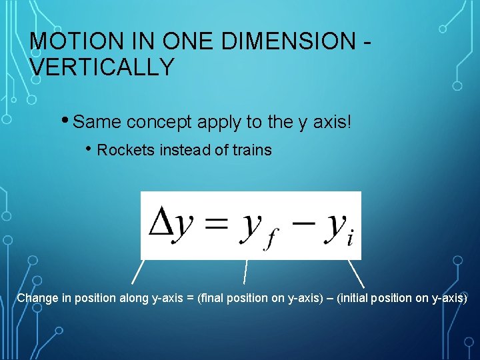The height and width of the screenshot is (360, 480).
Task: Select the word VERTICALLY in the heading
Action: tap(102, 67)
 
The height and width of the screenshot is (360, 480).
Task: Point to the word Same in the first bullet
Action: tap(97, 122)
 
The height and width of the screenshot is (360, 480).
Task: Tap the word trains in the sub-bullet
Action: tap(251, 150)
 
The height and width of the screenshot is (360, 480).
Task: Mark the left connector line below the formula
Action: tap(137, 273)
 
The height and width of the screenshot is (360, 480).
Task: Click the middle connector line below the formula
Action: tap(245, 273)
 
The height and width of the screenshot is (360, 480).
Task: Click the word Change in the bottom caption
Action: tap(37, 298)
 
